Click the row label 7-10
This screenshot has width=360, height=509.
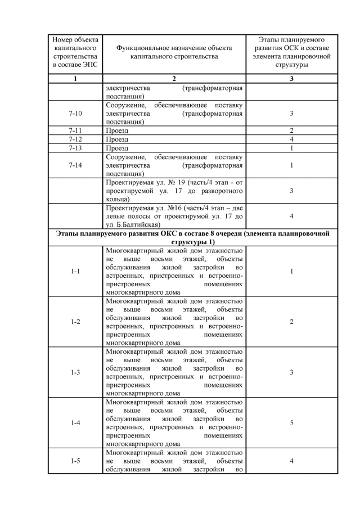pos(75,113)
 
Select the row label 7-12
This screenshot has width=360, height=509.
pos(75,139)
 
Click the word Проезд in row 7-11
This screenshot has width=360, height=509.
pos(117,130)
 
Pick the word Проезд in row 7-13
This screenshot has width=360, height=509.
pos(117,148)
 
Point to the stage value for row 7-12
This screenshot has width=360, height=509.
pos(291,139)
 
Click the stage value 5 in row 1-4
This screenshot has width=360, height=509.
pos(291,422)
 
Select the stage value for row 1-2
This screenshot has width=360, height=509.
pos(291,322)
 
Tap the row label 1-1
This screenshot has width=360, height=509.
pos(75,271)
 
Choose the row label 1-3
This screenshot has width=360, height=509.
pos(75,372)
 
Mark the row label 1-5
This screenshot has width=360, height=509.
pos(75,461)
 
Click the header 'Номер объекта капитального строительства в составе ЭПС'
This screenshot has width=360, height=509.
pos(75,52)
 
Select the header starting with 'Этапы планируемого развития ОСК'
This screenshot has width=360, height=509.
pos(291,52)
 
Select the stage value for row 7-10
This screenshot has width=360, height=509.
pos(291,113)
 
